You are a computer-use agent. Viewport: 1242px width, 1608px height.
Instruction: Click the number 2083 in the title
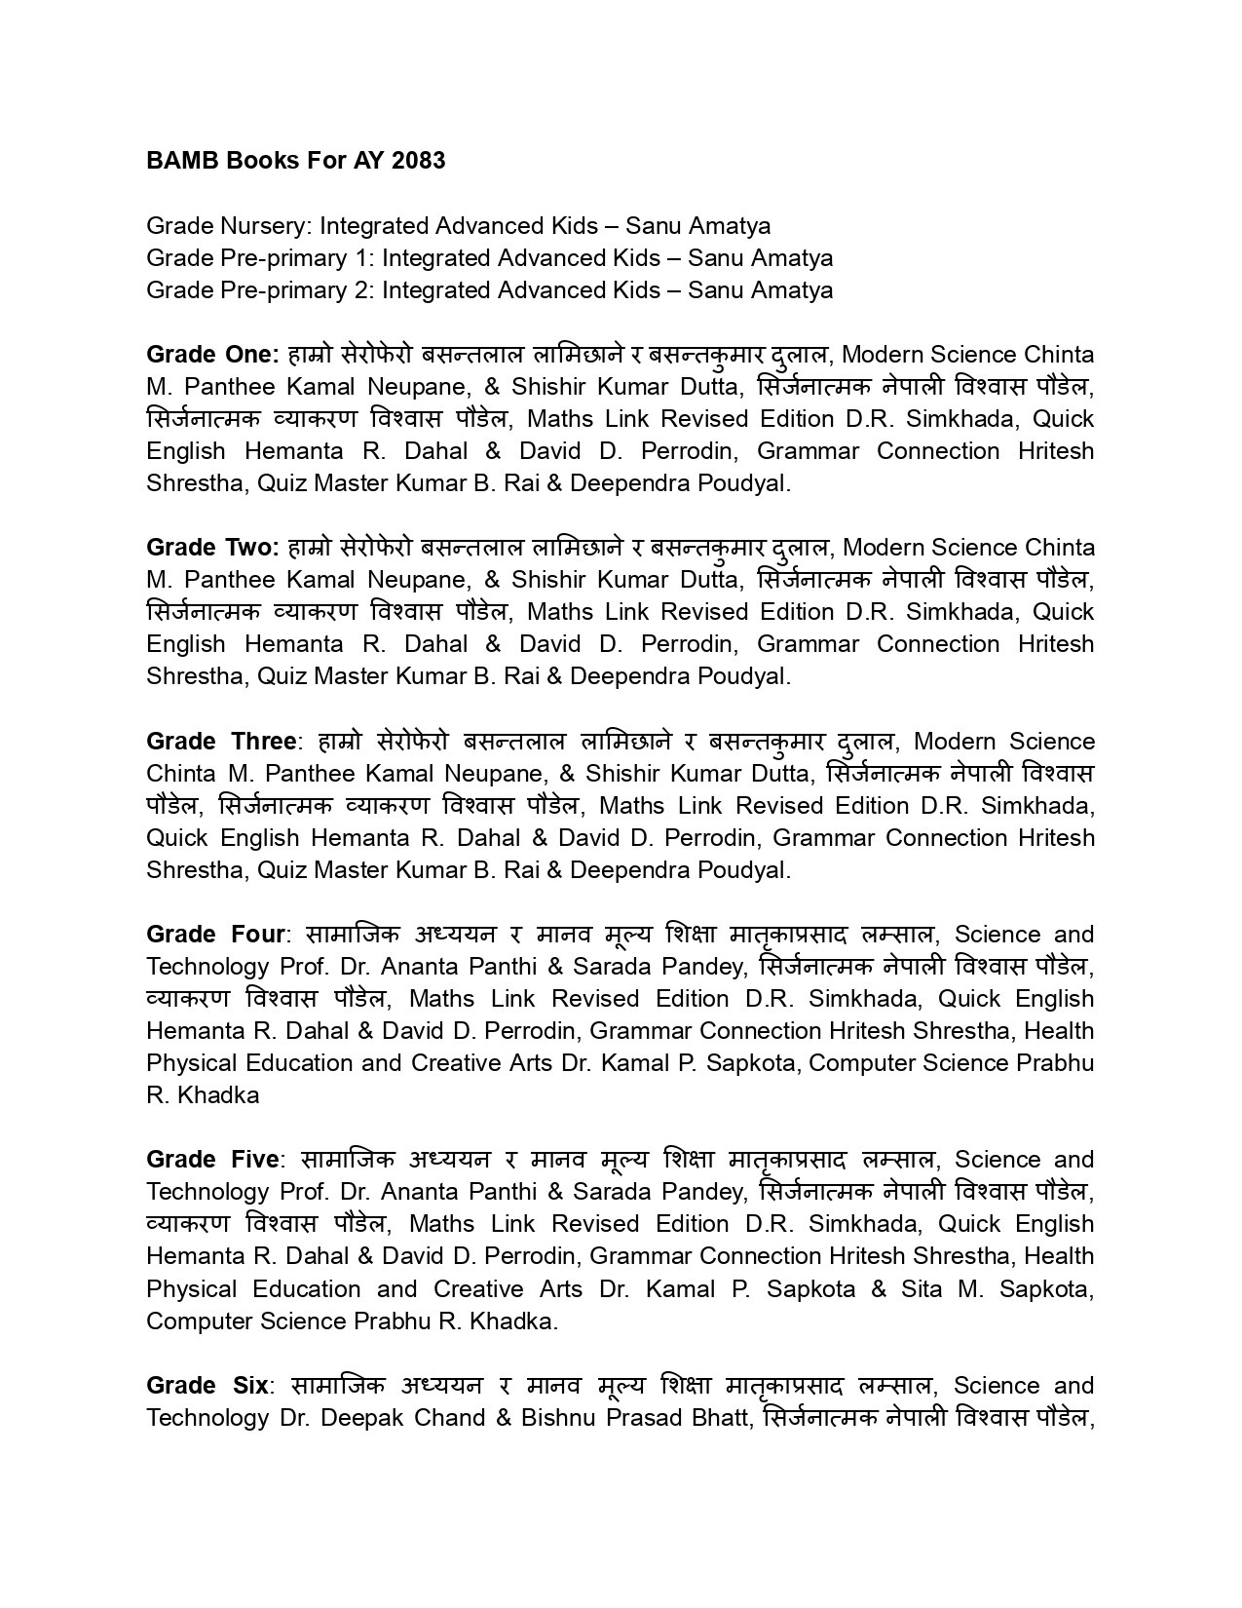418,160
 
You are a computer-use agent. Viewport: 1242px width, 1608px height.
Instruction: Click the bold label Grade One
212,354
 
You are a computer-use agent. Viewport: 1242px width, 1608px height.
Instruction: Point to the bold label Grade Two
212,547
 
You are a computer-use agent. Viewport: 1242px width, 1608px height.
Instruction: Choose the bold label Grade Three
221,741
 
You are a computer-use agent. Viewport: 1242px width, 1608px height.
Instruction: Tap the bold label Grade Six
207,1385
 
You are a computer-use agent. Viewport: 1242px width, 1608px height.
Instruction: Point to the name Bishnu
559,1417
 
